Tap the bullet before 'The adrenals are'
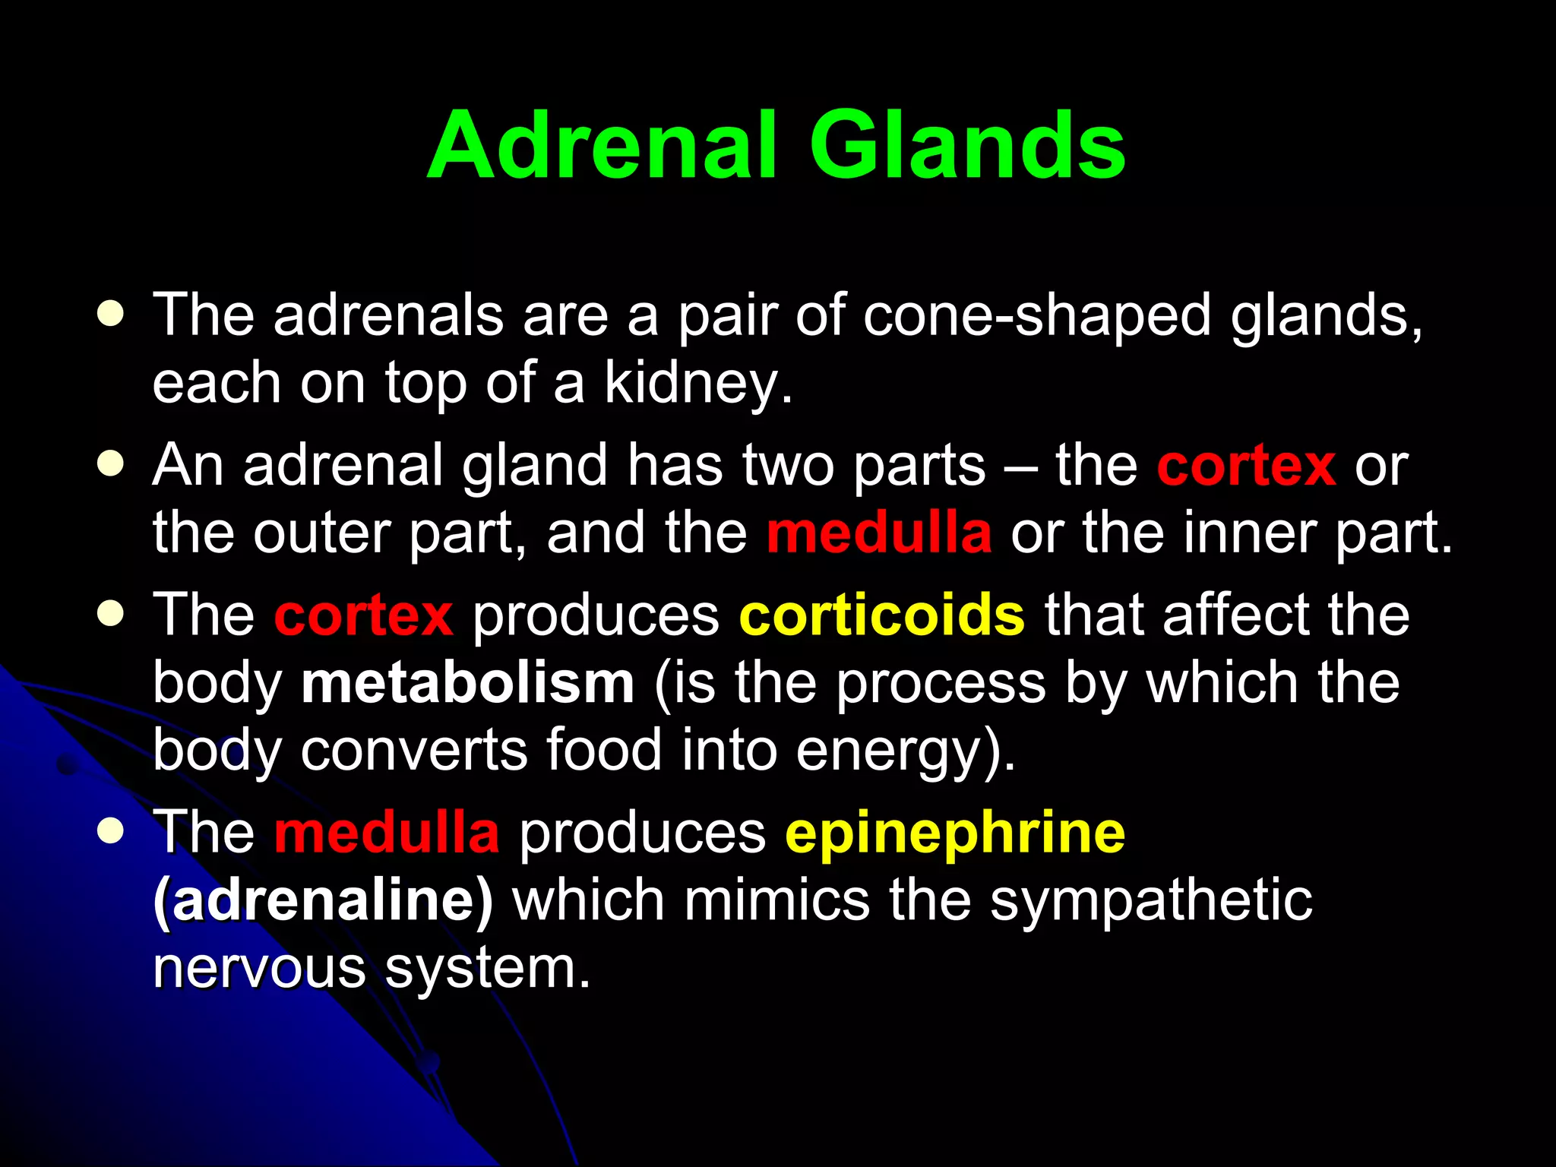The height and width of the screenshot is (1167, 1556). (111, 314)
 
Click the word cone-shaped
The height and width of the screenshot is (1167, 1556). (1036, 315)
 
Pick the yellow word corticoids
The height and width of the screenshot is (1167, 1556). (881, 615)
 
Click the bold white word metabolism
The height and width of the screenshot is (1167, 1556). (467, 683)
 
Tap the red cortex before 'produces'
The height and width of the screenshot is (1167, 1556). (363, 615)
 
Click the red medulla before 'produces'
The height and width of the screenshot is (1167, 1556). (386, 833)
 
